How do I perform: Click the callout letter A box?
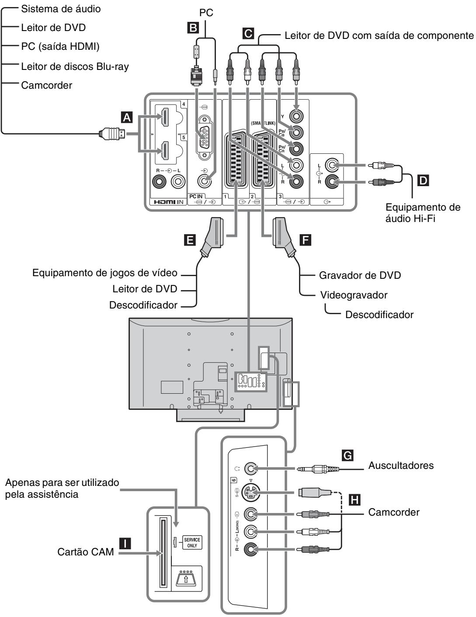127,117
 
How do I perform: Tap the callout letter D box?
423,180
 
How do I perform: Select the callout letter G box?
347,455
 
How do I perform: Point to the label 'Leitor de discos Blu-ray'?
75,66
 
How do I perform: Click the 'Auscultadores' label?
401,465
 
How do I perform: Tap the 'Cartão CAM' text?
86,552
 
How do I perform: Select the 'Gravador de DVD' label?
360,275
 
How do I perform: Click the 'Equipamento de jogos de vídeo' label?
105,273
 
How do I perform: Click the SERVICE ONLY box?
192,543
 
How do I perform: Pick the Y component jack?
296,116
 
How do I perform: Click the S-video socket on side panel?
250,492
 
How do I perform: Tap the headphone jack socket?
250,468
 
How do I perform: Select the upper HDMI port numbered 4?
165,118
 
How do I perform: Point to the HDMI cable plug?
112,134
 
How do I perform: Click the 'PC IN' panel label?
196,196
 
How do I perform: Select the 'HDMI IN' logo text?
169,202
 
